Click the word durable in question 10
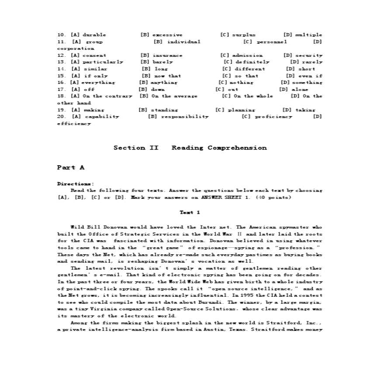(x=94, y=35)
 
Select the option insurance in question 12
(x=167, y=56)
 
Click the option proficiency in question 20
(x=273, y=117)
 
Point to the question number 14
(x=62, y=69)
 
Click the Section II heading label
(x=136, y=148)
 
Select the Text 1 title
(x=190, y=212)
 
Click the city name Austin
(x=210, y=330)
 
